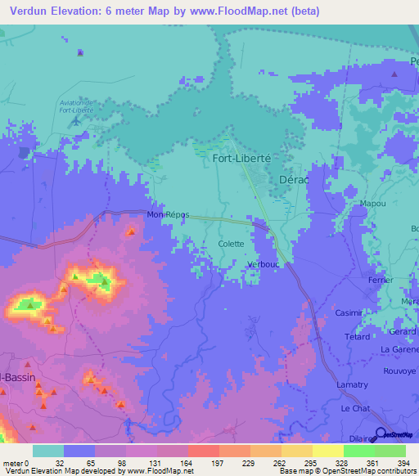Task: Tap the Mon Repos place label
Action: coord(168,215)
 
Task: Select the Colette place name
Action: coord(231,244)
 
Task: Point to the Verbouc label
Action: coord(264,265)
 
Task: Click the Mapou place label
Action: coord(372,203)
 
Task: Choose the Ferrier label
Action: coord(381,280)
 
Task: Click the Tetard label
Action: coord(358,336)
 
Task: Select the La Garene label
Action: coord(399,349)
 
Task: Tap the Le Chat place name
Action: coord(356,407)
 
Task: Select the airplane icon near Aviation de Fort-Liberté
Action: coord(77,121)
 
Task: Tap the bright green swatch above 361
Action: coord(358,451)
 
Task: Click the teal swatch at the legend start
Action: coord(48,451)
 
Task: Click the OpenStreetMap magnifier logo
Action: coord(381,434)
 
